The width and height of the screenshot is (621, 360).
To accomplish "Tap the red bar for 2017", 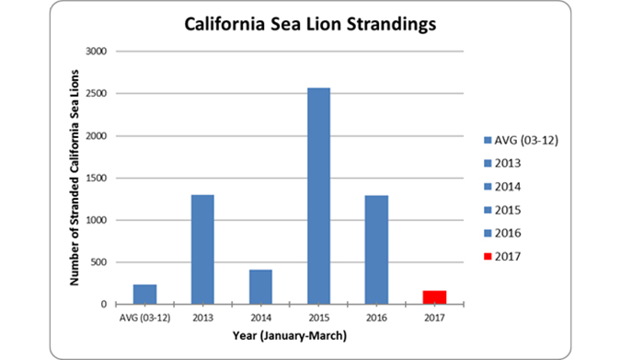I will [433, 297].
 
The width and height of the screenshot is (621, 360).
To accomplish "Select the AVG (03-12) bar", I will [144, 294].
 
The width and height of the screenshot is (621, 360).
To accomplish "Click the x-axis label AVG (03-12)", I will [144, 319].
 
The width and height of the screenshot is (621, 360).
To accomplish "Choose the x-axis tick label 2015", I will [317, 319].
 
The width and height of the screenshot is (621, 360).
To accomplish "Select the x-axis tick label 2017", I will [433, 319].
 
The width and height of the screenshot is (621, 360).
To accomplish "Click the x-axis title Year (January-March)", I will [289, 337].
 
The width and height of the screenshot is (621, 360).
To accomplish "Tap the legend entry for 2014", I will [511, 187].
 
